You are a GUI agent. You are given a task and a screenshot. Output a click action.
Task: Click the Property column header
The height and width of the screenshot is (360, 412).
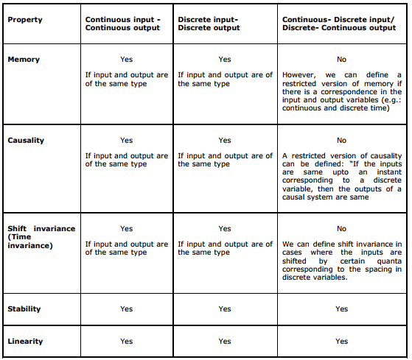click(x=25, y=19)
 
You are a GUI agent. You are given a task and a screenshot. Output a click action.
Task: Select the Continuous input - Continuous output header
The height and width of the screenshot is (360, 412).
click(x=122, y=24)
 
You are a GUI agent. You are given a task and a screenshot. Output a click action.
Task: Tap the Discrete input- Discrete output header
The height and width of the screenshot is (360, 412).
click(x=209, y=24)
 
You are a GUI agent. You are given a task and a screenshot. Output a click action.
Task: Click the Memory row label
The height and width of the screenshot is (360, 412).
click(x=24, y=59)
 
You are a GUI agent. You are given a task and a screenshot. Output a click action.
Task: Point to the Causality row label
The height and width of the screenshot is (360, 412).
click(x=27, y=140)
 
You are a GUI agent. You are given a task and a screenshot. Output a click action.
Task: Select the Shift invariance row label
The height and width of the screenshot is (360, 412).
click(x=41, y=228)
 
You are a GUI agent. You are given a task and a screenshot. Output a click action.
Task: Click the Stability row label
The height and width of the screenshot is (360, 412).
click(x=24, y=308)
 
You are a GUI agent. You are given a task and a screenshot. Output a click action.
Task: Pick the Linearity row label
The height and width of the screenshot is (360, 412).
click(x=25, y=341)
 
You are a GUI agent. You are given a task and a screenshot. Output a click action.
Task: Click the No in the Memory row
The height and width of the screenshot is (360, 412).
click(x=341, y=59)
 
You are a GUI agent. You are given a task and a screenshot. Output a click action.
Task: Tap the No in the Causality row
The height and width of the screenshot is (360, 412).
click(x=341, y=140)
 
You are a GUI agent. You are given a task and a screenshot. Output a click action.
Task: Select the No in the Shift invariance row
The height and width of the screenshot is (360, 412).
click(x=341, y=229)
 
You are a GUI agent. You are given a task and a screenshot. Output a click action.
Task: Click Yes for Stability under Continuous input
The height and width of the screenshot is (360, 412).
click(x=126, y=308)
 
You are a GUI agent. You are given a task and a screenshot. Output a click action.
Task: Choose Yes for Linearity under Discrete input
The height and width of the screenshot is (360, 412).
click(x=225, y=341)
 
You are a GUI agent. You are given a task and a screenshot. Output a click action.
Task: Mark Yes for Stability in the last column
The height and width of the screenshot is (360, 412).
click(x=341, y=308)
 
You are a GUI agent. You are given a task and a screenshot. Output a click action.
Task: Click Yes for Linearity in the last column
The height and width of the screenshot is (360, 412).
click(x=341, y=341)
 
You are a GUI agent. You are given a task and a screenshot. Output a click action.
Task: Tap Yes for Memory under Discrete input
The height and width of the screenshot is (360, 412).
click(x=225, y=59)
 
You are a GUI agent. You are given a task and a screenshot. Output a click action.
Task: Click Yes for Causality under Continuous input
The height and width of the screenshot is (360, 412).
click(x=126, y=140)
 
